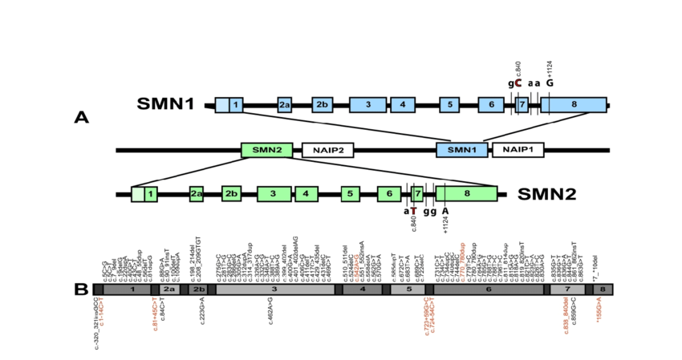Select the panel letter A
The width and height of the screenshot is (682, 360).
(x=81, y=118)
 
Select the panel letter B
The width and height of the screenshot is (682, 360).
(x=81, y=289)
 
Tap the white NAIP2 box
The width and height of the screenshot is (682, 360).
(x=327, y=150)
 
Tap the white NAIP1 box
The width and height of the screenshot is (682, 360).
(x=518, y=150)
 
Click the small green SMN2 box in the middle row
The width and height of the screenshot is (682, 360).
(x=266, y=150)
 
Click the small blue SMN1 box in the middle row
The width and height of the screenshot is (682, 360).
(x=461, y=150)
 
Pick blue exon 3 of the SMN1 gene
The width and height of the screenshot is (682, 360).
(x=367, y=105)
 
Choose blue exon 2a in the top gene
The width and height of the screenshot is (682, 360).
(x=284, y=105)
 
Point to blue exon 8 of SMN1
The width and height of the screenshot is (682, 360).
(x=573, y=105)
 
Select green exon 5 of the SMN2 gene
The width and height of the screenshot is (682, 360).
(x=349, y=194)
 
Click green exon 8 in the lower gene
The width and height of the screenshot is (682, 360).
(x=466, y=193)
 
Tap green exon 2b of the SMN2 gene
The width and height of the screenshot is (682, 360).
(x=231, y=194)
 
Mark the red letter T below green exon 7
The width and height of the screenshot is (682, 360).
(x=413, y=212)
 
